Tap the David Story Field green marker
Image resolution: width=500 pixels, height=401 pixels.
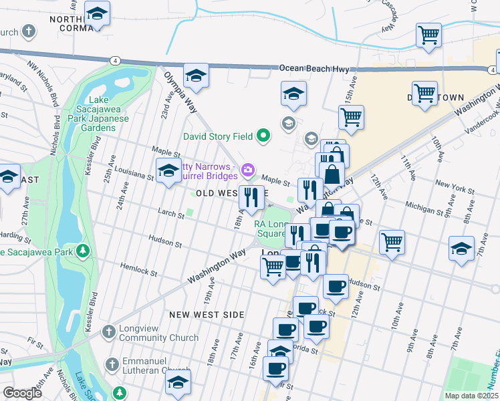pos(263,136)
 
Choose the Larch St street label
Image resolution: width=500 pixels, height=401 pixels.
pos(170,215)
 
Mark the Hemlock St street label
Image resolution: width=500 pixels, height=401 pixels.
pos(140,273)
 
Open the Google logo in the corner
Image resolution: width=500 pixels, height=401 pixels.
pos(22,393)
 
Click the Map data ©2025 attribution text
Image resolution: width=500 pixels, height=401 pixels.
pos(470,395)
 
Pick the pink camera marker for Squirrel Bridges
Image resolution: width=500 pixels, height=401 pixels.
pos(248,170)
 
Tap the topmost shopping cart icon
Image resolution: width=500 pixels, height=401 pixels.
pos(428,33)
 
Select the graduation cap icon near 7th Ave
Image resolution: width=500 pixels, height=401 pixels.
pos(461,249)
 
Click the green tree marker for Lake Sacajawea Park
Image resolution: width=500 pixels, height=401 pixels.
pos(83,251)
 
